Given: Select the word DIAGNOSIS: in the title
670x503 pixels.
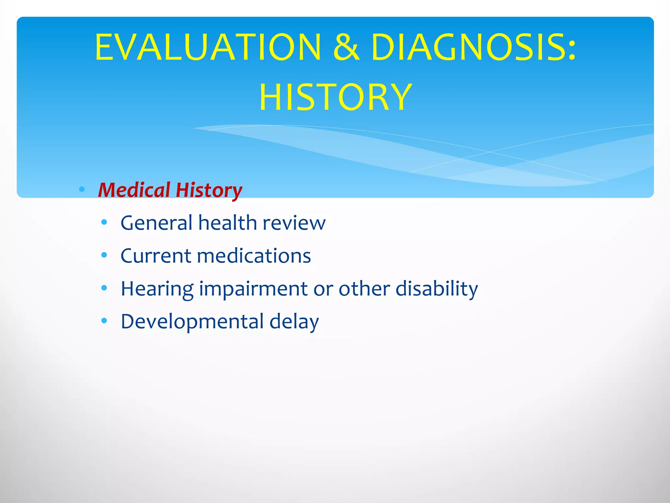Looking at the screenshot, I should click(x=473, y=47).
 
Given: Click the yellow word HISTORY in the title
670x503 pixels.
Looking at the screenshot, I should click(x=335, y=97).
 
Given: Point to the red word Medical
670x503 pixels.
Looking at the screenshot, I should click(x=134, y=190).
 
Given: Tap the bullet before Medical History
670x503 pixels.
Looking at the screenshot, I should click(x=82, y=189).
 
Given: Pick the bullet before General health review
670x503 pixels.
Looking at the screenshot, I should click(x=104, y=222).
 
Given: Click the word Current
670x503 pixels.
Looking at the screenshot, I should click(x=156, y=255).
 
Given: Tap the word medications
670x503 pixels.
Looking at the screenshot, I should click(x=254, y=255).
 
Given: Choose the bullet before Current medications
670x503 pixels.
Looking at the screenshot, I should click(x=104, y=255).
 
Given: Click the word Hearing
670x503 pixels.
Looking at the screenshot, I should click(x=157, y=289).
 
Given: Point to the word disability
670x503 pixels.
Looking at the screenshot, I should click(x=437, y=289).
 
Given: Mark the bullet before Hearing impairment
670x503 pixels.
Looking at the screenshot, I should click(x=104, y=288).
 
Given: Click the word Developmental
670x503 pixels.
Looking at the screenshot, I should click(x=192, y=322).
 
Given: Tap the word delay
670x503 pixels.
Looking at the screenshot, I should click(x=294, y=322).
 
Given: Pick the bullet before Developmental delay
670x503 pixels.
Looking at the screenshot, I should click(x=104, y=321).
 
